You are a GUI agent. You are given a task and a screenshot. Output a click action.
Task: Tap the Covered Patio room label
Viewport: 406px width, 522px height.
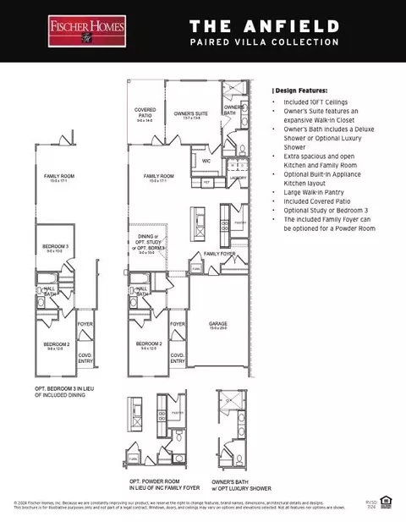pyautogui.click(x=145, y=113)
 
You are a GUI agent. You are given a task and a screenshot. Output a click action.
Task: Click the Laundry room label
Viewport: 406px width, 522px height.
pyautogui.click(x=239, y=179)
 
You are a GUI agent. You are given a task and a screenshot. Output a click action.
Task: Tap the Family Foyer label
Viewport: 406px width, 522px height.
pyautogui.click(x=220, y=253)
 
